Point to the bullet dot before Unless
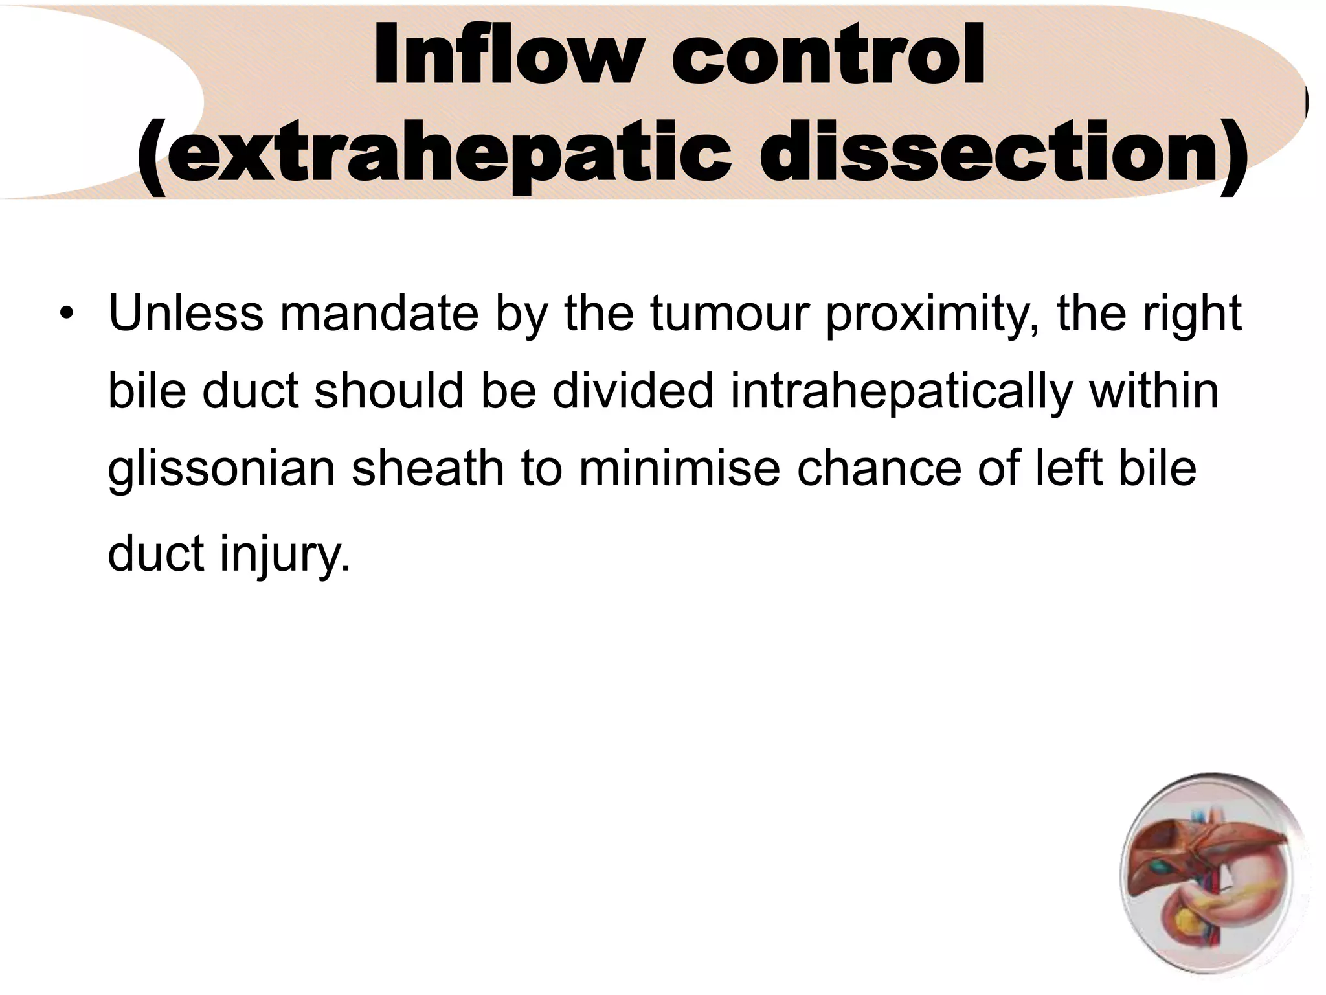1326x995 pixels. pos(65,315)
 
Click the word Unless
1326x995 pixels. pos(186,314)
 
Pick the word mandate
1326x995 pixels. pos(378,314)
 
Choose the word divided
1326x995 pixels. pos(632,391)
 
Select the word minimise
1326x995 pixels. pos(679,469)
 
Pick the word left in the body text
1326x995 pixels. pos(1068,469)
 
